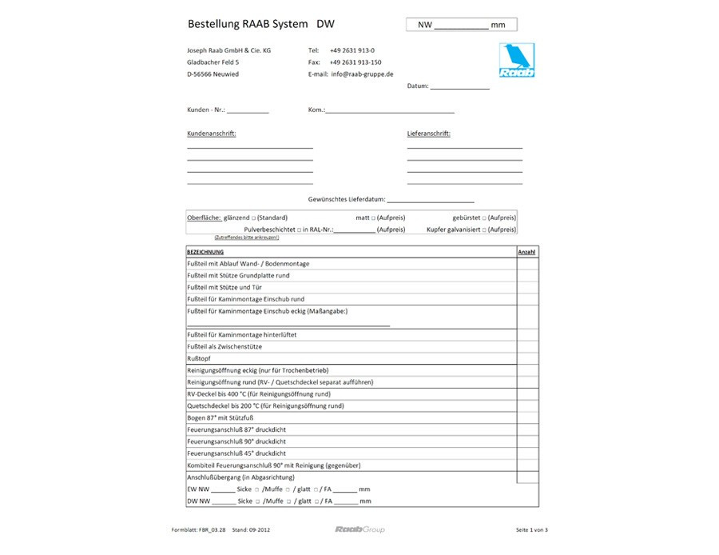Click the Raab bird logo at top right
pos(517,61)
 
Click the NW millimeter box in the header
pos(461,25)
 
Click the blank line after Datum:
pos(459,86)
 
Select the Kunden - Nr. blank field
pos(248,110)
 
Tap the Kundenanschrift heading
pos(211,134)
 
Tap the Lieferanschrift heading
pos(428,134)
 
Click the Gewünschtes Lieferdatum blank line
pos(431,199)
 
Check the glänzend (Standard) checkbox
pos(253,218)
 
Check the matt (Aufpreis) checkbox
pos(373,218)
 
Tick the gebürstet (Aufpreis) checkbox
pos(484,218)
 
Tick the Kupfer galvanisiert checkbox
pos(484,230)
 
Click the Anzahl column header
pos(526,252)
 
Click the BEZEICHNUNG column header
pos(205,252)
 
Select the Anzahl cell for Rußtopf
pos(526,358)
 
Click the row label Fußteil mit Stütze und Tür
pos(224,287)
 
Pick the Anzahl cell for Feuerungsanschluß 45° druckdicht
pos(526,453)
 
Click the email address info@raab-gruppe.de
pos(362,74)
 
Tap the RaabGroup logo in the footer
pos(359,529)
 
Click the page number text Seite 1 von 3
pos(532,530)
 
